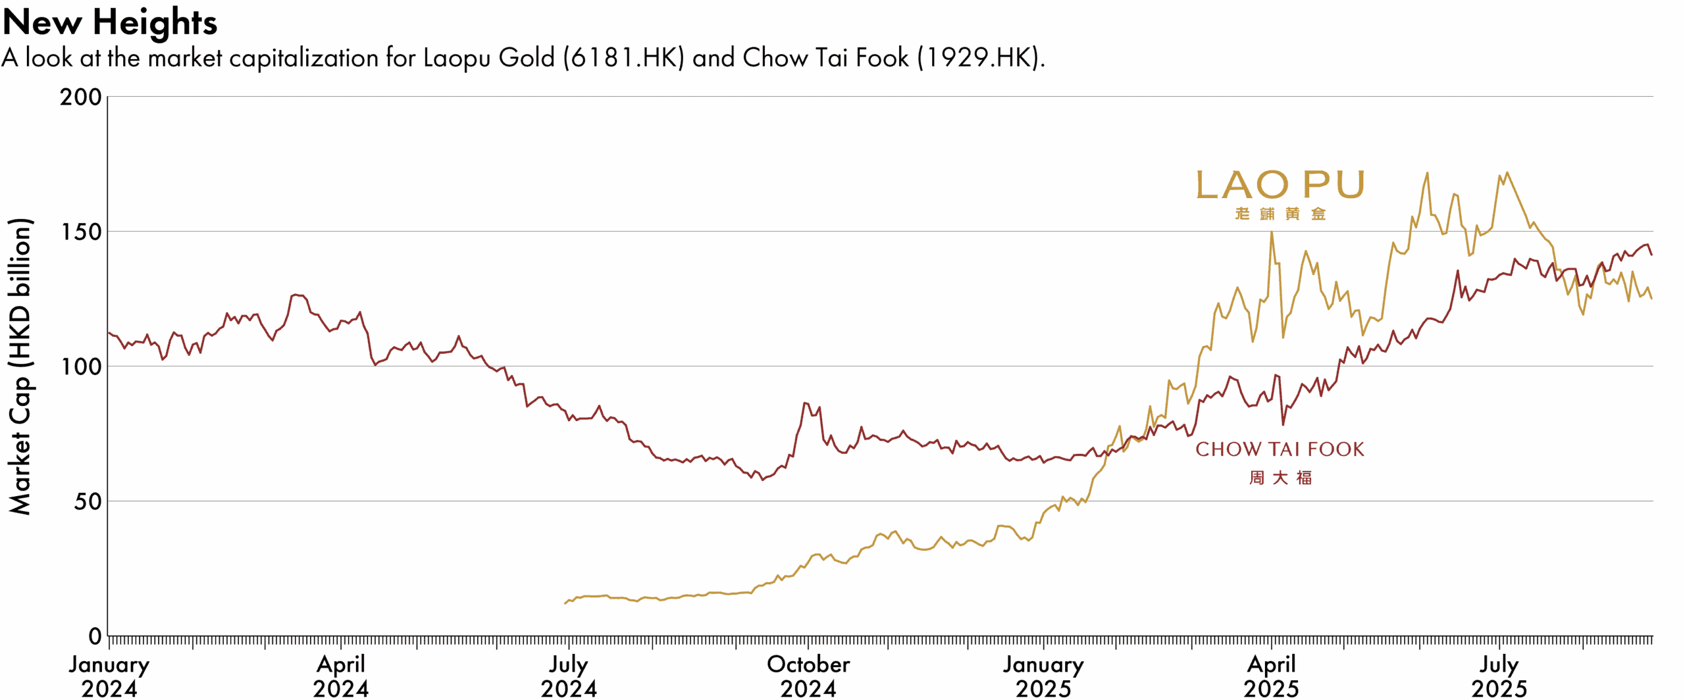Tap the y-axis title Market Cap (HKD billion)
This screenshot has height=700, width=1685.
pos(20,366)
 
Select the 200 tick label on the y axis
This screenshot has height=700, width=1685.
pos(81,97)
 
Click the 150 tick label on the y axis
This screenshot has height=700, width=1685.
pos(81,232)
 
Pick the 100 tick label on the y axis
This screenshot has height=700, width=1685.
pos(81,366)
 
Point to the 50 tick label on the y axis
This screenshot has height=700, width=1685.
pos(88,501)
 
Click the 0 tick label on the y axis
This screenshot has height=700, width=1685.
pos(95,636)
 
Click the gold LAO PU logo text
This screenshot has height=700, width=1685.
pos(1280,185)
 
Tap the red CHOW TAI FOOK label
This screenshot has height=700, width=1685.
pos(1280,449)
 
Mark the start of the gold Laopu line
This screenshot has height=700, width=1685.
pos(565,603)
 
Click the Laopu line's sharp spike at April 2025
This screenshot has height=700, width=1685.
pos(1271,232)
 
